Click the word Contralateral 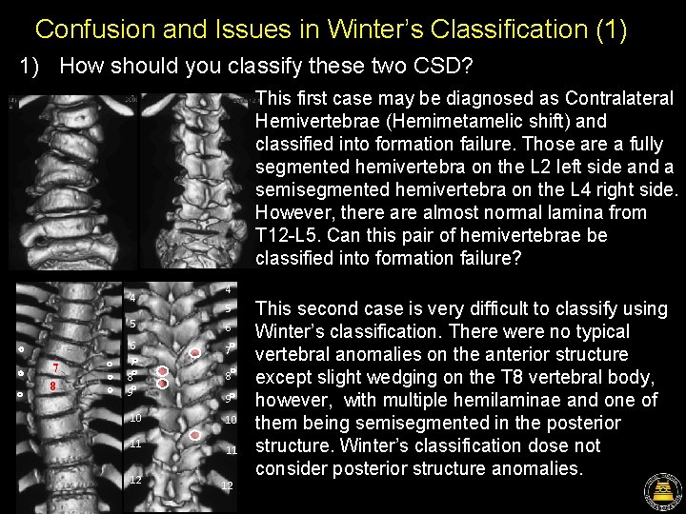619,99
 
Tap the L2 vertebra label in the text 447,168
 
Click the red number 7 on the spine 57,369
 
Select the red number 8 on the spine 53,387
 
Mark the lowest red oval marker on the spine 195,435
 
